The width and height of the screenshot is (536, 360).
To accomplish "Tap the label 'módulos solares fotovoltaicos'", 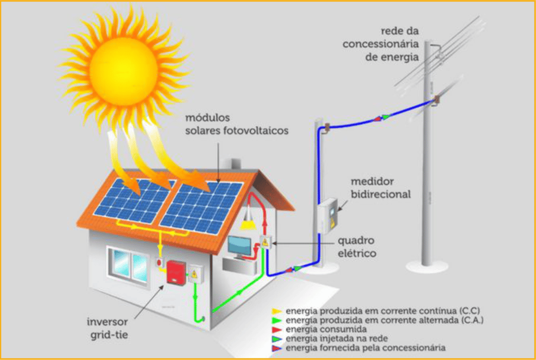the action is point(237,125).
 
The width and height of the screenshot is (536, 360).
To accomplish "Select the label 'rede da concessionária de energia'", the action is point(381,43).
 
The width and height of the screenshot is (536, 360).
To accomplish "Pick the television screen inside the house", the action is point(240,245).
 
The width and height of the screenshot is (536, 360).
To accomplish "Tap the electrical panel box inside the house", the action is point(265,242).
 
